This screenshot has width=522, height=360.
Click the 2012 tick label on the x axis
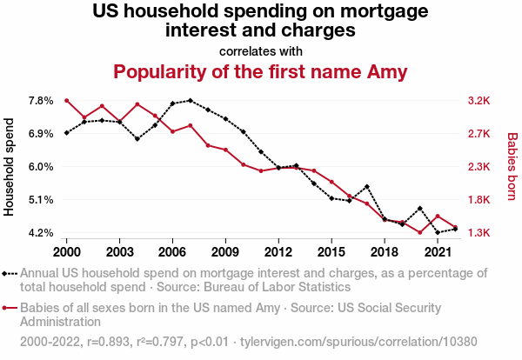(278, 251)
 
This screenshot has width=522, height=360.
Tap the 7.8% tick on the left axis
(40, 101)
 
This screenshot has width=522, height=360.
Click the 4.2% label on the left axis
(40, 233)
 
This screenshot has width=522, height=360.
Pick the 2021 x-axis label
(437, 251)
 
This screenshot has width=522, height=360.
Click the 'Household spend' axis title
(10, 167)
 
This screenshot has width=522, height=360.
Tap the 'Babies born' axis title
(512, 167)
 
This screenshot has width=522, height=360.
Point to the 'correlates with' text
(261, 50)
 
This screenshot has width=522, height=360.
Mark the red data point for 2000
(67, 101)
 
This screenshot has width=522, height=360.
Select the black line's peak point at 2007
(191, 101)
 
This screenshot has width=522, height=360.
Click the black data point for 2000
(67, 133)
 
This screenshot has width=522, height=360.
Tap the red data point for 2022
(455, 227)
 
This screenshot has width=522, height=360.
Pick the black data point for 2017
(367, 186)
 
